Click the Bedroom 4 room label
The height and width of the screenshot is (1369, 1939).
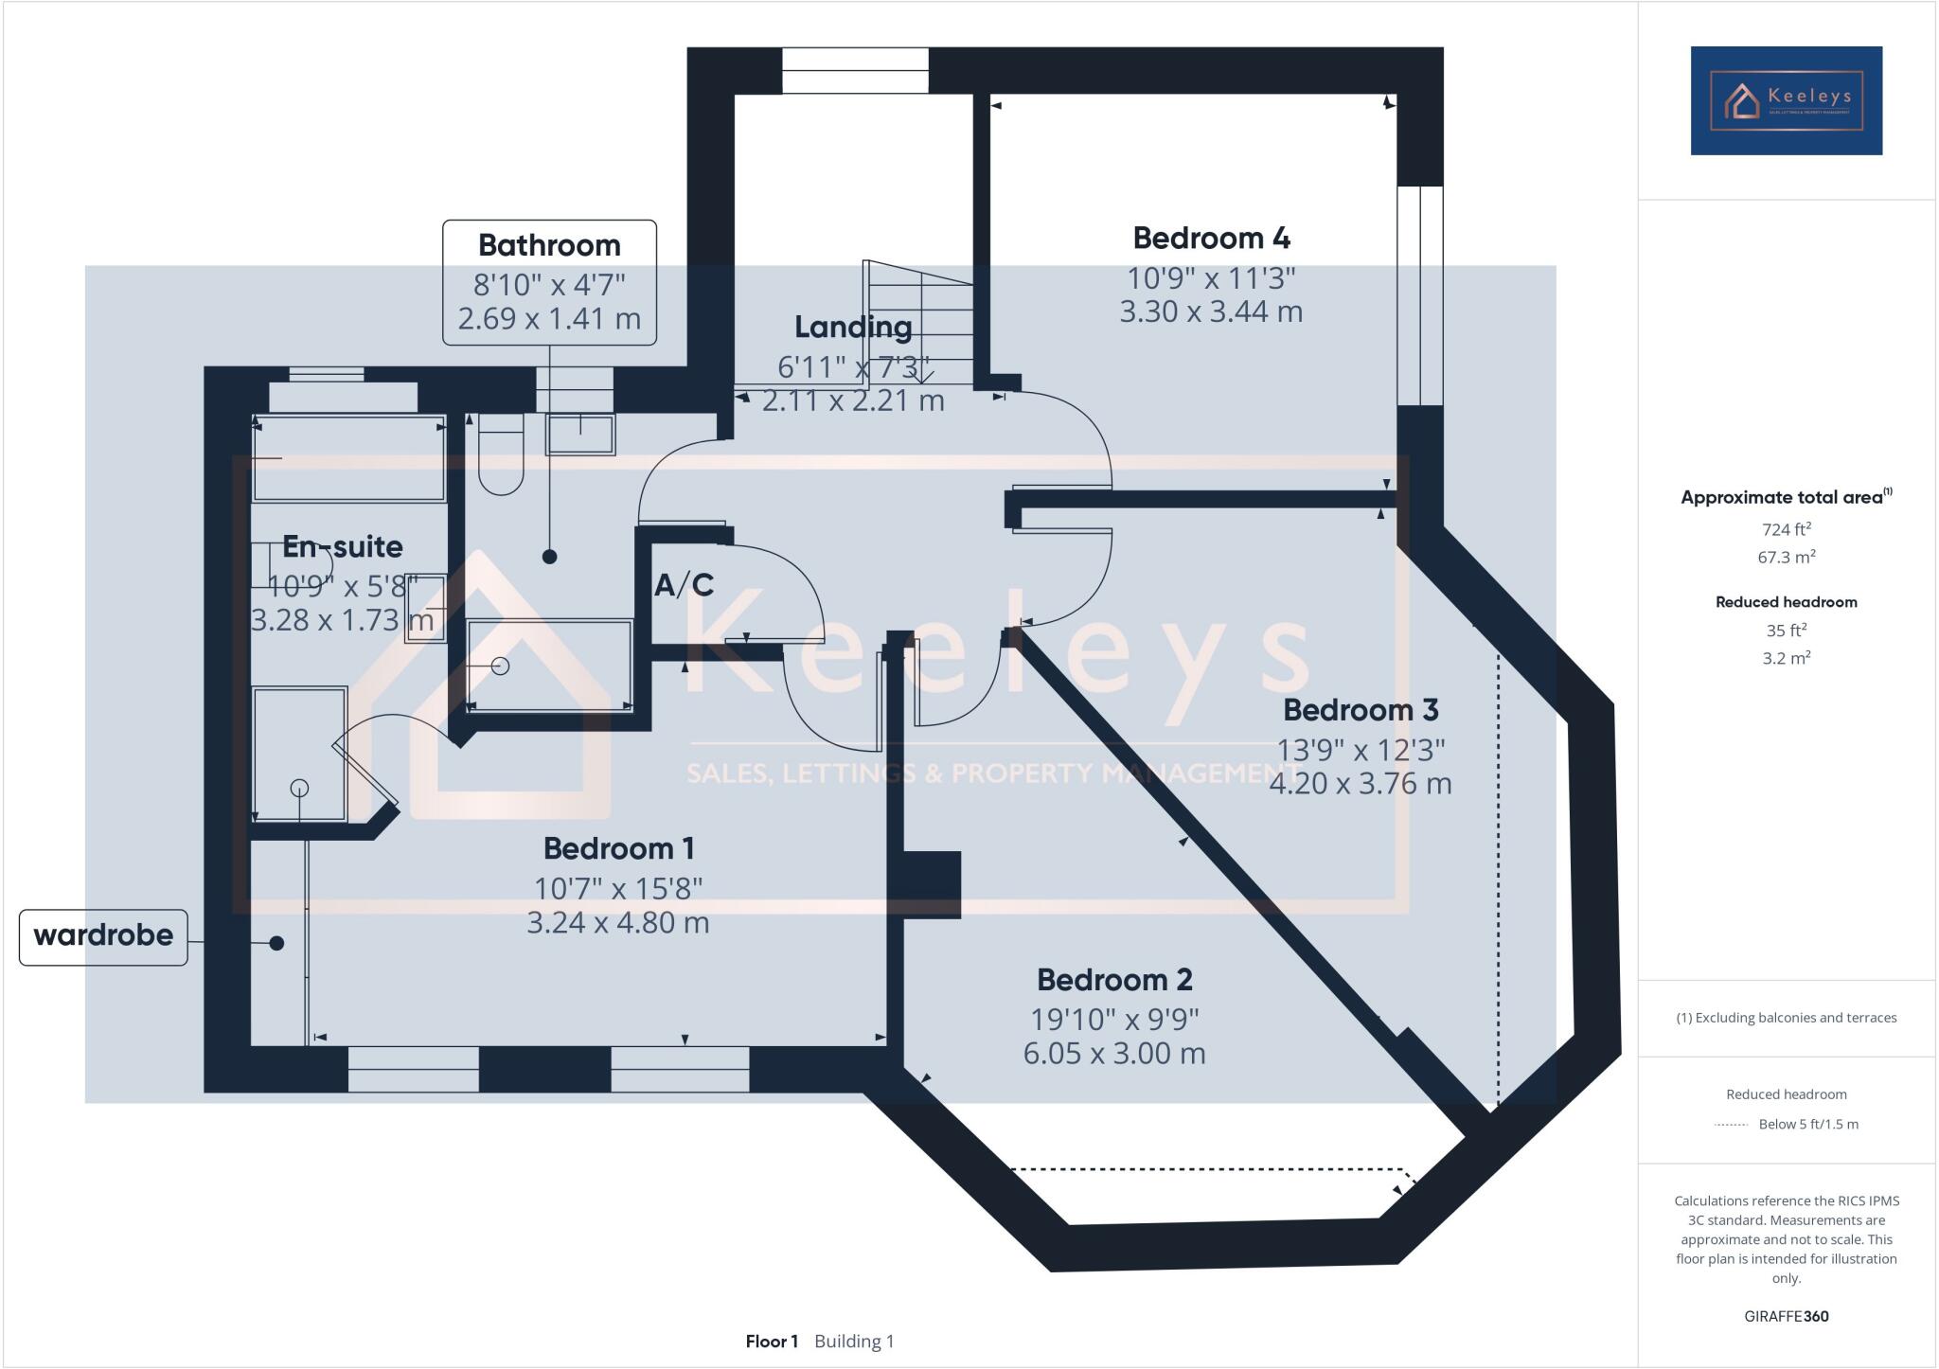point(1211,238)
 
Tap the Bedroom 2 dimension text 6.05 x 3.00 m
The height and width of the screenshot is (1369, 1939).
point(1114,1053)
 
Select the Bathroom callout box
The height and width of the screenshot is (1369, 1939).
point(549,282)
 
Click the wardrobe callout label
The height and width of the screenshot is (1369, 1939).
point(103,936)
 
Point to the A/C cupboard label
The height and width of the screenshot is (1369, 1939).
point(684,585)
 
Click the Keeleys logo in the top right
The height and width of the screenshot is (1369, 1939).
point(1786,100)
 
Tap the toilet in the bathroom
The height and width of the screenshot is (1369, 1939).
point(500,454)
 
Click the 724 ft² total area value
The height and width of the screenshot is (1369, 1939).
point(1786,529)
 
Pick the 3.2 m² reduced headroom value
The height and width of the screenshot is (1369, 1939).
point(1786,658)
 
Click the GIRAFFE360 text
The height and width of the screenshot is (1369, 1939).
point(1786,1316)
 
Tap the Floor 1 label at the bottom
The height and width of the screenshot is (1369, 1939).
point(772,1341)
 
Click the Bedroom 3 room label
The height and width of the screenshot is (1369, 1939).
point(1360,709)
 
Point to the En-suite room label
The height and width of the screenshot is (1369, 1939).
point(343,546)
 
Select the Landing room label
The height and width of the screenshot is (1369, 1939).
point(853,327)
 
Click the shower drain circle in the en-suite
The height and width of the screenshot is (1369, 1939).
point(299,788)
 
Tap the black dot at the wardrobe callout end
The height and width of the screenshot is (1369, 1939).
point(276,943)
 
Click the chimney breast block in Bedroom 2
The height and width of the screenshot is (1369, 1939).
point(932,884)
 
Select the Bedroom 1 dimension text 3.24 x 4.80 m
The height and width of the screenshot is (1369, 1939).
point(617,922)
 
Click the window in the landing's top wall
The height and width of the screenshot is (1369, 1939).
point(855,71)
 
